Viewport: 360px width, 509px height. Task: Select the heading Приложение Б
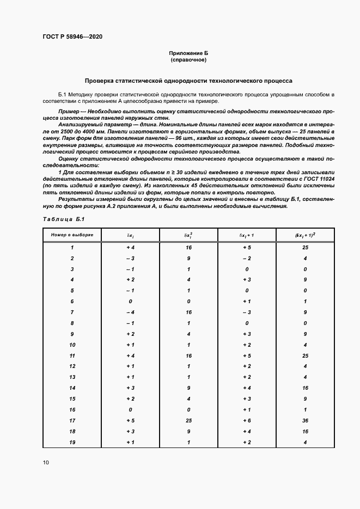[188, 53]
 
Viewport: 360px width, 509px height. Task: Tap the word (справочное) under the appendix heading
[188, 59]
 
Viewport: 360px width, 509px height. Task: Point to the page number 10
[46, 463]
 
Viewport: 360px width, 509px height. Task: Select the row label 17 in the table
[72, 420]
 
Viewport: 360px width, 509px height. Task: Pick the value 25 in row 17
[188, 420]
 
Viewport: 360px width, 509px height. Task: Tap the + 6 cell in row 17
[247, 420]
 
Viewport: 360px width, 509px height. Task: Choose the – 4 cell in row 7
[131, 312]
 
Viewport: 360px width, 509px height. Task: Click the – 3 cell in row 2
[131, 258]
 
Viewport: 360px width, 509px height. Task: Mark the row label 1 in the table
[72, 248]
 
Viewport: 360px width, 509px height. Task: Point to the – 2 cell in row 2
[247, 258]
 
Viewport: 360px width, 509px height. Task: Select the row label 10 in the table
[72, 345]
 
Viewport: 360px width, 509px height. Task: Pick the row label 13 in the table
[72, 377]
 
